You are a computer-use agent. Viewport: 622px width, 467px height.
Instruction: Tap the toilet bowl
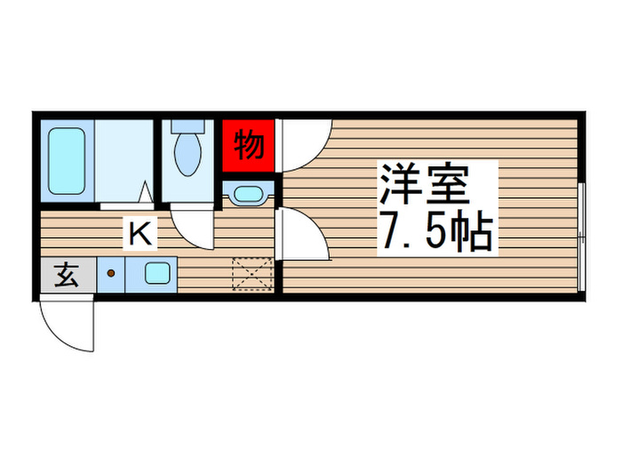188,153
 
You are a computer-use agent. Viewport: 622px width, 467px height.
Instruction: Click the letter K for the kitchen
140,234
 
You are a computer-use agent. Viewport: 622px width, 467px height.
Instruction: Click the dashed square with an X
251,273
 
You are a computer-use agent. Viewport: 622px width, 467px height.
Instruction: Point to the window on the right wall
581,236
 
